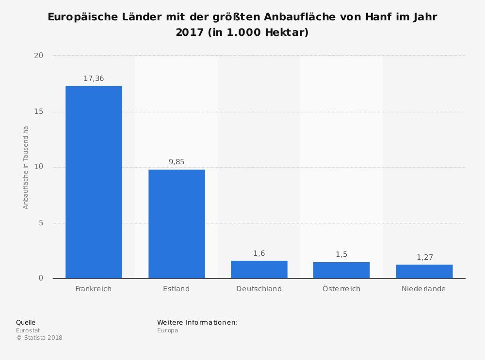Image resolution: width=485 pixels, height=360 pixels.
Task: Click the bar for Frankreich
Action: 94,182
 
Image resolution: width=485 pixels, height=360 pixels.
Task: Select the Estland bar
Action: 177,224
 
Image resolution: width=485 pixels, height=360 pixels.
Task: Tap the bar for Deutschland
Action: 259,269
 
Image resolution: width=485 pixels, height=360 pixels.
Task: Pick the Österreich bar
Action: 341,270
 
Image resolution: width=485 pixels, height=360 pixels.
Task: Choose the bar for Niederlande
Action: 424,271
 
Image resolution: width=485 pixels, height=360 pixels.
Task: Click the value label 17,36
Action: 94,78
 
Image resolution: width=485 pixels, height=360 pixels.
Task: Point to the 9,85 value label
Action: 177,162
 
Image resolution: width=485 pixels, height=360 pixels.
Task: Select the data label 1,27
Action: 424,257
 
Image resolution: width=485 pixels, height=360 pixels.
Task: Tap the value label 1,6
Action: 259,253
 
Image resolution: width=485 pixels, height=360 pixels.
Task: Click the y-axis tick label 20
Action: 38,56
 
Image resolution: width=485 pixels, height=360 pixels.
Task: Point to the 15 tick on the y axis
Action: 38,111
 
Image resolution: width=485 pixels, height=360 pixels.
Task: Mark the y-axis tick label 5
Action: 41,223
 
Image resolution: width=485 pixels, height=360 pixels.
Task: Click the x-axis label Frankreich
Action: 94,289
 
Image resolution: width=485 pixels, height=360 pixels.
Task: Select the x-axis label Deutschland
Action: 259,289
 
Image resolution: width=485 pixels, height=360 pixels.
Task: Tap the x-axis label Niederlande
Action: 423,289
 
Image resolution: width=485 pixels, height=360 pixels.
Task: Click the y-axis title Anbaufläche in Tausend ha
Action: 26,167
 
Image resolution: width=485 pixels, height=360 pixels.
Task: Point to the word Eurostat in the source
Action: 28,330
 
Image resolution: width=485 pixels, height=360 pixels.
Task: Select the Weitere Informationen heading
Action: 197,322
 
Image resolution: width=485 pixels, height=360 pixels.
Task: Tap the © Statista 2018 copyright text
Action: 39,338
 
